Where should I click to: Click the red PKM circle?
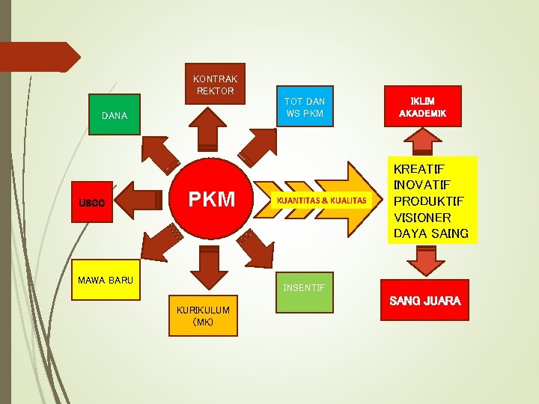tap(211, 200)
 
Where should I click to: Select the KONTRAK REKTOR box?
tap(216, 84)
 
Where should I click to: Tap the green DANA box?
tap(115, 114)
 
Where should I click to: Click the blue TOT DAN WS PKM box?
tap(305, 106)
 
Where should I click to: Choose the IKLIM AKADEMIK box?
tap(423, 106)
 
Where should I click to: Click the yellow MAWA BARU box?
tap(106, 281)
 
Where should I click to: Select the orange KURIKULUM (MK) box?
tap(203, 315)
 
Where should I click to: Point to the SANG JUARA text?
tap(424, 302)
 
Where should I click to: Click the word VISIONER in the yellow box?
tap(422, 217)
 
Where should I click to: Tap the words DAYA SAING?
tap(430, 233)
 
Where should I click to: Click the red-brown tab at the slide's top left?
tap(37, 57)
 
